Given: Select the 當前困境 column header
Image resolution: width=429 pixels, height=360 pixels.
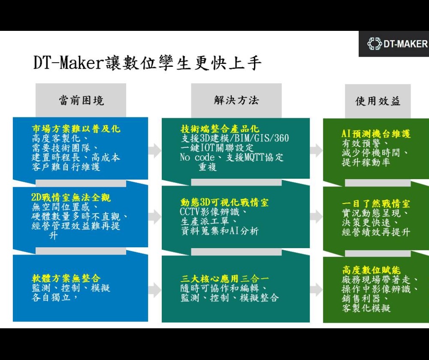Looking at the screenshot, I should coord(81,101).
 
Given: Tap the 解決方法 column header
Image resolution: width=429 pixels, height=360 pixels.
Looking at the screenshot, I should coord(236,101).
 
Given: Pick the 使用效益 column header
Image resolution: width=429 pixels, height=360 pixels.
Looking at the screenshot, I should coord(378,101).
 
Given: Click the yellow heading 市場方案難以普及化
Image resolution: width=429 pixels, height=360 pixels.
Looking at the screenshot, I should coord(76,129).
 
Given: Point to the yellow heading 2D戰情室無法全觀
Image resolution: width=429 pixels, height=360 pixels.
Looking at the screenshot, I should coord(71,198).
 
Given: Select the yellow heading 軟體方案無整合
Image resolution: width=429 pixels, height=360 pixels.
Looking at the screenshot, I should coord(66,279).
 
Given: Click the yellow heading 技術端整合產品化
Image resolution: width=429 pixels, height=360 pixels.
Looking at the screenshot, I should coord(220,129).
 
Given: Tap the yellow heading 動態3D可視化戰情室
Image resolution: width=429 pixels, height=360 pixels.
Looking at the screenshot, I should coord(224,202).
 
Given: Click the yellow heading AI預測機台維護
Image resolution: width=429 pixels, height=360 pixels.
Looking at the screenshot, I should coord(376,134).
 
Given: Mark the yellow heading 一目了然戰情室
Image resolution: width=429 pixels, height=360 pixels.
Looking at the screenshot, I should coord(376,203).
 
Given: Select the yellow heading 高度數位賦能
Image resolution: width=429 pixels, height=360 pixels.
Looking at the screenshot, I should coord(372,270).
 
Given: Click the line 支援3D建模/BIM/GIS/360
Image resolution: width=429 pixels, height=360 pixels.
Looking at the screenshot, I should coord(235,138).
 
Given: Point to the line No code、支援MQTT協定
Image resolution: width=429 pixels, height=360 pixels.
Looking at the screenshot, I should coord(232,157).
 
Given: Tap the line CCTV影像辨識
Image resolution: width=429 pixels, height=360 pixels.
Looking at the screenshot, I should coord(213,212).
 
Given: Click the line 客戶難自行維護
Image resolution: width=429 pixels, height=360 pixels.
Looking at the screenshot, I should coord(66,167).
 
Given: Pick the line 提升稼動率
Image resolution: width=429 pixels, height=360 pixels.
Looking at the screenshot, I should coord(366,162).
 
